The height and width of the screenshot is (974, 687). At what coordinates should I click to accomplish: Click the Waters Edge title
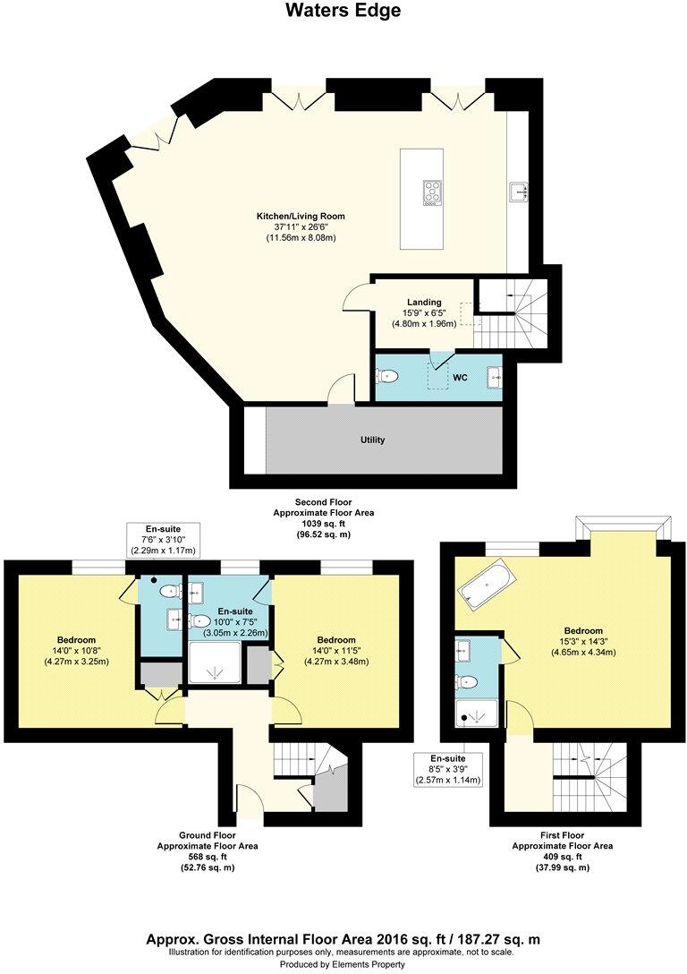(343, 11)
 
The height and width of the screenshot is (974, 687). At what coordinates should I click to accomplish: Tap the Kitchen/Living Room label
(301, 216)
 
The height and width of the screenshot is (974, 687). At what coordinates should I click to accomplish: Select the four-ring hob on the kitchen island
(432, 192)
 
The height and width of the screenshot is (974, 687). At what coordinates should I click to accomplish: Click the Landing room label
(424, 303)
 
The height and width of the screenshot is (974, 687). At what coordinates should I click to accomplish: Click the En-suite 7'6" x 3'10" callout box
(163, 540)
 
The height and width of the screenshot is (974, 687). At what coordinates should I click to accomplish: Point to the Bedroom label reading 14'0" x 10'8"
(77, 639)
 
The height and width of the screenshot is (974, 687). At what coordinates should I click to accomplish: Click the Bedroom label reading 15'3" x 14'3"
(583, 630)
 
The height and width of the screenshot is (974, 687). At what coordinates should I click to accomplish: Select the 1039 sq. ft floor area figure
(323, 524)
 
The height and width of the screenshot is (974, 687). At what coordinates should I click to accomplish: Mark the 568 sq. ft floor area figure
(208, 857)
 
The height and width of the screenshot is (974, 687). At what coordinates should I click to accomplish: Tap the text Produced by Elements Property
(343, 965)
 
